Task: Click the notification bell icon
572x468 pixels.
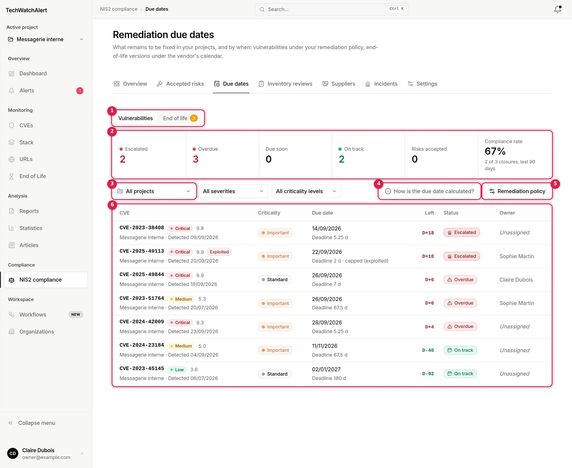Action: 558,9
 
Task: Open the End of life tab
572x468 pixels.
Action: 180,118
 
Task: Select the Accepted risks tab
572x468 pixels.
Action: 181,84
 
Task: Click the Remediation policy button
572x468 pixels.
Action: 517,191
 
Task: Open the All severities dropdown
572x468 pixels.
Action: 233,191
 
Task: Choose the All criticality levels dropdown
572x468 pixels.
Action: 307,191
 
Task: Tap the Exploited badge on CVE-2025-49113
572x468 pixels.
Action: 219,252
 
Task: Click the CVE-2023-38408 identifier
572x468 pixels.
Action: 142,228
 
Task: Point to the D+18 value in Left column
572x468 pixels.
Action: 428,233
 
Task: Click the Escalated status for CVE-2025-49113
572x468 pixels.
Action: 461,256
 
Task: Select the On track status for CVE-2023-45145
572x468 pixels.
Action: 460,374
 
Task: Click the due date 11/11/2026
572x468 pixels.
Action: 325,346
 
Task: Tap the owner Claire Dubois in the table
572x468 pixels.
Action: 516,280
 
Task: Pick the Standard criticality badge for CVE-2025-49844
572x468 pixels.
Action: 275,280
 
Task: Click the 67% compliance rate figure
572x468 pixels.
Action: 495,151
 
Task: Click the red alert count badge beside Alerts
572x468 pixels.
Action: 80,91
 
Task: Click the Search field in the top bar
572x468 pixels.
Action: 332,9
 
